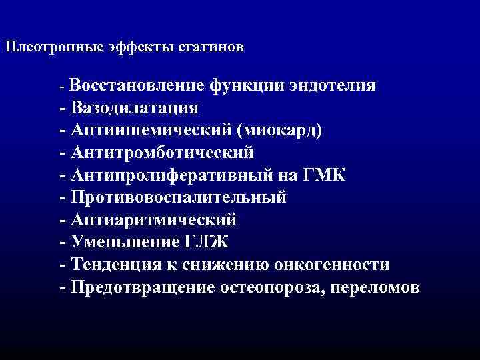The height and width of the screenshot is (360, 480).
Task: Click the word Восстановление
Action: [137, 85]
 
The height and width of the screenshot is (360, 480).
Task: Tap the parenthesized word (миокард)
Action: [285, 130]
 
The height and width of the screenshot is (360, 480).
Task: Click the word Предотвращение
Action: [140, 287]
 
